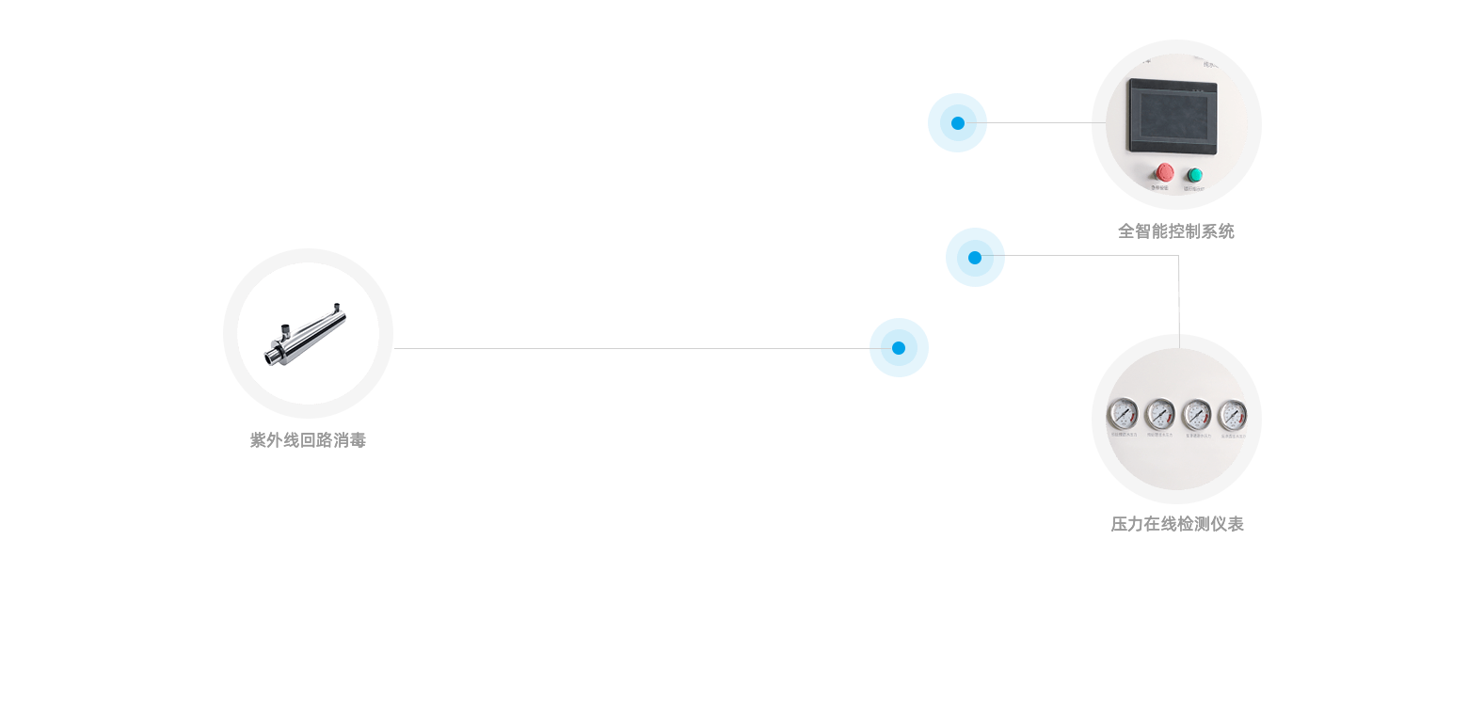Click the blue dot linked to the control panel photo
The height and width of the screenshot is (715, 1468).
(957, 122)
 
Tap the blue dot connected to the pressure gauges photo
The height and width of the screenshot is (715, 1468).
(975, 257)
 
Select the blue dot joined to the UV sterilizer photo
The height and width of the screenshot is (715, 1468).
(899, 347)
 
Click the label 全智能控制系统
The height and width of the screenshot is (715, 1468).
(1175, 231)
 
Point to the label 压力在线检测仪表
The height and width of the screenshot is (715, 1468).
(1177, 524)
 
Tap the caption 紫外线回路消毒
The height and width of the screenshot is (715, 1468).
(308, 440)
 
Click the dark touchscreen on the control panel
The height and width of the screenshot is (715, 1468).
(1173, 117)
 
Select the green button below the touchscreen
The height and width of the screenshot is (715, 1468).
(1194, 175)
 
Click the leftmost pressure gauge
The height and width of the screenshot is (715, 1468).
(1122, 413)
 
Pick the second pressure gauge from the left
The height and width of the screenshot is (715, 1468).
(1159, 413)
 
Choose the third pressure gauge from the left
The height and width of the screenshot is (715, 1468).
(1196, 413)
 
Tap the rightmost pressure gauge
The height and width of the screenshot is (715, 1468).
(1232, 414)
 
